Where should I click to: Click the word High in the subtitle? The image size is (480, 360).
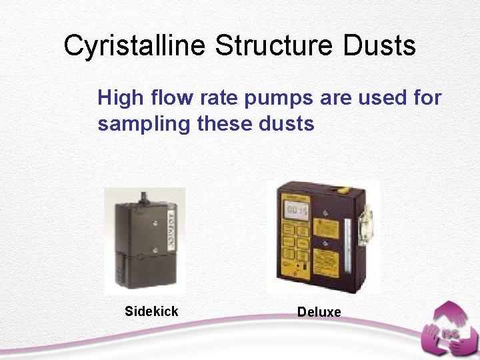click(x=121, y=99)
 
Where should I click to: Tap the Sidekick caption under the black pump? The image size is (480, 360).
click(x=151, y=311)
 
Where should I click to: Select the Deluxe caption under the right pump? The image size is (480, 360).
click(x=319, y=312)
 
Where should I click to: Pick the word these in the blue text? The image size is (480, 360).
click(x=226, y=124)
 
